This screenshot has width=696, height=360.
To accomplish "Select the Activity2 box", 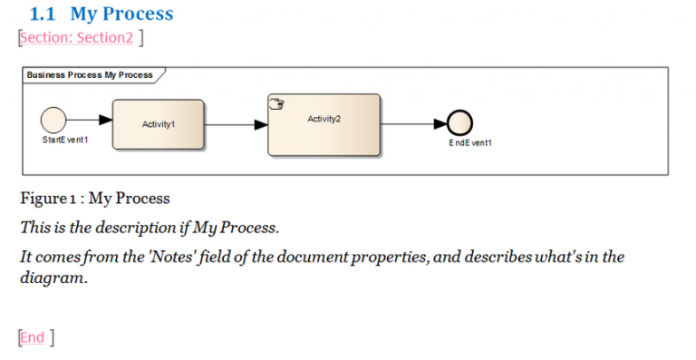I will (x=324, y=124).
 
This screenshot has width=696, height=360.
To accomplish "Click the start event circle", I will (x=53, y=119).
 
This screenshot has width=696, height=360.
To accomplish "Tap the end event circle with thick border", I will (x=460, y=124).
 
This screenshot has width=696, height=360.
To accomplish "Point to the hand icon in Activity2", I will (x=277, y=104).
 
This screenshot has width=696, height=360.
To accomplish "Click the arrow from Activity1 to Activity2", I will (x=236, y=125).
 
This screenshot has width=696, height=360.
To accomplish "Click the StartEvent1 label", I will (x=65, y=141).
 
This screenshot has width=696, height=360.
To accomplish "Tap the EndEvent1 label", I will (x=470, y=143).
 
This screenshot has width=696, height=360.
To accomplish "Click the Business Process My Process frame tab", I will (x=90, y=75).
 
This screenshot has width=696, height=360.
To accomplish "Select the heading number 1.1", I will (x=43, y=14).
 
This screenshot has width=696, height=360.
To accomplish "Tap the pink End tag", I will (x=34, y=337).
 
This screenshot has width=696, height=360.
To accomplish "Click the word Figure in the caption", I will (x=43, y=198).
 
